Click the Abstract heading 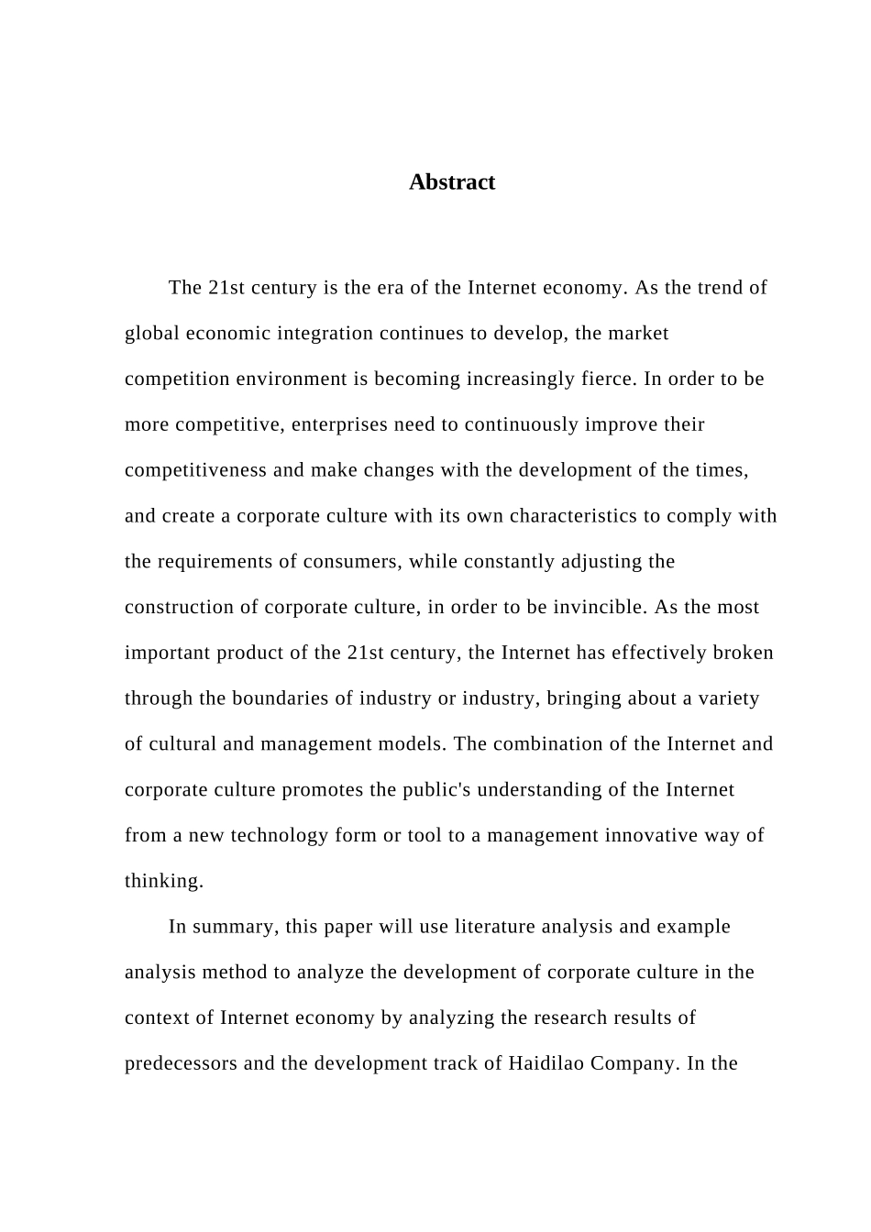click(451, 182)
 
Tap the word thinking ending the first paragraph click(163, 882)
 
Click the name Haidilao click(546, 1064)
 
